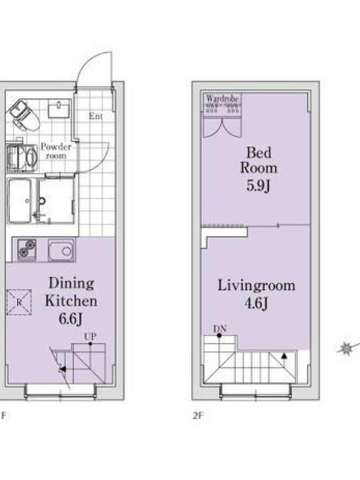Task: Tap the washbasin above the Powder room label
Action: pyautogui.click(x=58, y=110)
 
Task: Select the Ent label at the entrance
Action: pyautogui.click(x=95, y=116)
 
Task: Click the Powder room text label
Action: pyautogui.click(x=56, y=151)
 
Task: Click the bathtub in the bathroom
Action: pyautogui.click(x=20, y=201)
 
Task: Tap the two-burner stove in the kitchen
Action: pyautogui.click(x=26, y=249)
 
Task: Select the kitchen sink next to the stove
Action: pyautogui.click(x=61, y=250)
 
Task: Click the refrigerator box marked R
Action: pyautogui.click(x=19, y=302)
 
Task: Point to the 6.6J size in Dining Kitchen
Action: pyautogui.click(x=70, y=319)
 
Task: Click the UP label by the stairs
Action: pyautogui.click(x=91, y=337)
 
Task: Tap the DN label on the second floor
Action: pyautogui.click(x=220, y=329)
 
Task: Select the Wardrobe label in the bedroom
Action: pyautogui.click(x=222, y=98)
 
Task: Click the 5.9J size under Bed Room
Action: pyautogui.click(x=259, y=185)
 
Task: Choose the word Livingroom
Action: pyautogui.click(x=257, y=286)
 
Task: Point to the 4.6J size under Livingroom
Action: pyautogui.click(x=256, y=304)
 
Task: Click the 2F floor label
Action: pyautogui.click(x=198, y=415)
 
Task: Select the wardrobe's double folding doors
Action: pyautogui.click(x=223, y=128)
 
